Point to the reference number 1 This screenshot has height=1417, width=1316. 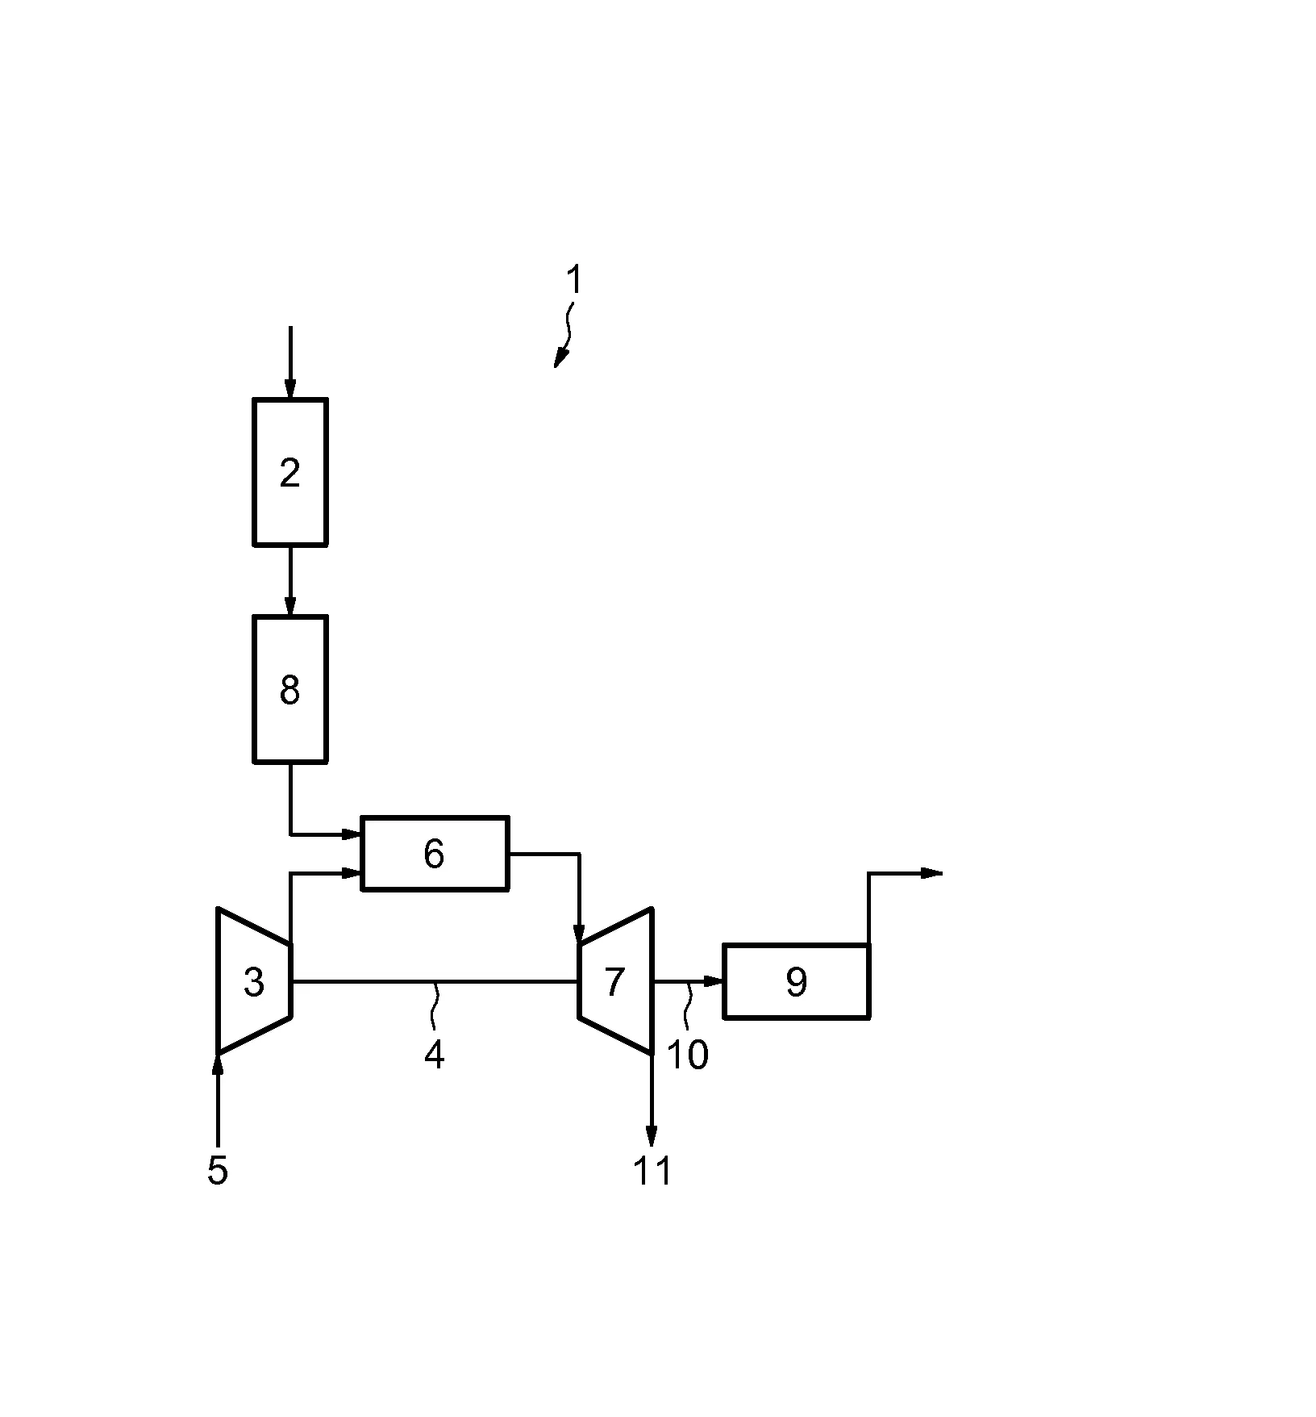(x=573, y=281)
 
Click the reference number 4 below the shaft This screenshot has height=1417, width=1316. (x=435, y=1055)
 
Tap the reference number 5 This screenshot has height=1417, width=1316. (x=218, y=1170)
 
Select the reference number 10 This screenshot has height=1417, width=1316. (x=688, y=1055)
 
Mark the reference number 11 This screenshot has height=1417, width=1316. (x=652, y=1171)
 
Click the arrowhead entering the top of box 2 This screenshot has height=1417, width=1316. (x=290, y=389)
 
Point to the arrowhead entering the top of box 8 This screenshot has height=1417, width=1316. (x=290, y=606)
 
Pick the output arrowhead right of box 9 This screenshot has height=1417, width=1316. (x=932, y=872)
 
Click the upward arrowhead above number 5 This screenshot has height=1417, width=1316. (x=218, y=1065)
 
